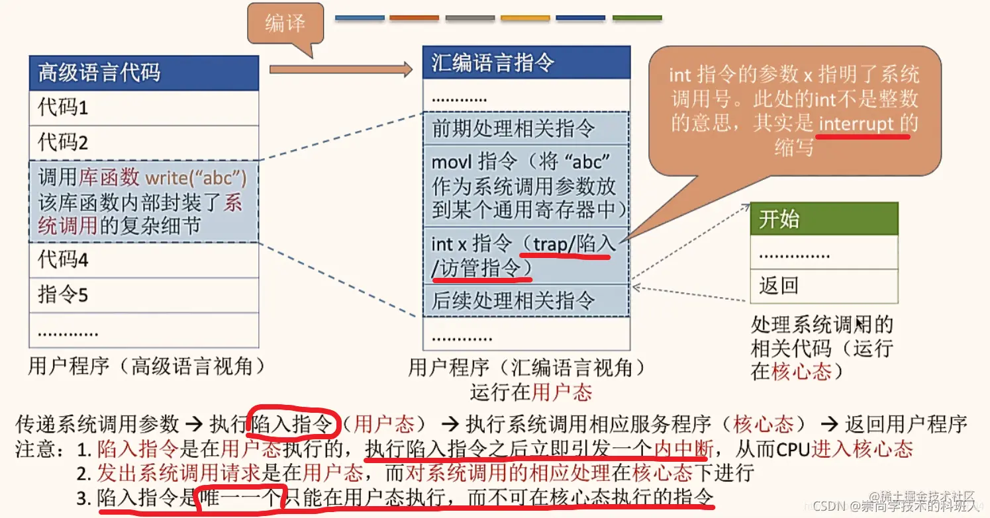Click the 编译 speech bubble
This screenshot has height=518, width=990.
285,24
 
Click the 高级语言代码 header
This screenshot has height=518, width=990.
144,73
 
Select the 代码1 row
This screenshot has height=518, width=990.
144,107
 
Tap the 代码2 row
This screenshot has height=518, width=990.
144,142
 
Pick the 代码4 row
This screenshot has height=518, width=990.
144,259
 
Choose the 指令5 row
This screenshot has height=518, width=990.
144,294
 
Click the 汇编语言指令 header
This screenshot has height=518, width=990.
526,63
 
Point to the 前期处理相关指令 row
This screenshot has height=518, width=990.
526,128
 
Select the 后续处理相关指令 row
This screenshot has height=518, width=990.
526,300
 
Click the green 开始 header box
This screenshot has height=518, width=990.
824,219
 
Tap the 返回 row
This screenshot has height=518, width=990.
824,286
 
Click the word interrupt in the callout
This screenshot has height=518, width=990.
856,124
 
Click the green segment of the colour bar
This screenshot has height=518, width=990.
637,18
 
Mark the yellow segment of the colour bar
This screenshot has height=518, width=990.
526,18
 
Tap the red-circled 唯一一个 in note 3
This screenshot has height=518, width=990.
241,497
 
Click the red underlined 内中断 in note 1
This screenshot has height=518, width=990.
683,450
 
